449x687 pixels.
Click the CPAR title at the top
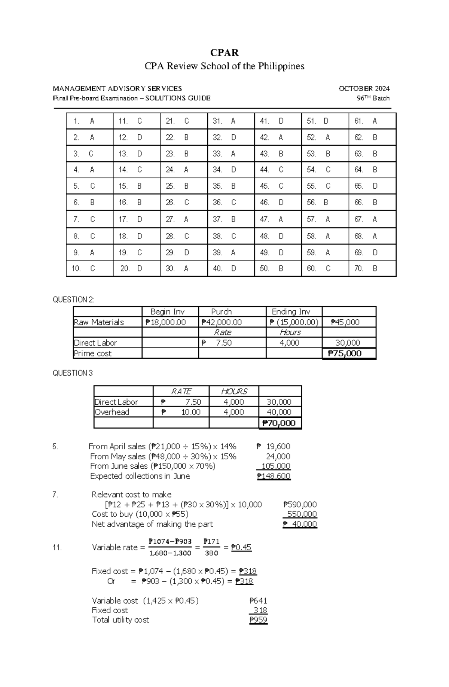pos(224,52)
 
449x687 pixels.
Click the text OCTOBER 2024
pos(364,89)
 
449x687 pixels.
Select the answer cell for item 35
pos(231,186)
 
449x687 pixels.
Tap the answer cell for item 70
pos(372,268)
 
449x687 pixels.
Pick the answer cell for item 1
pos(89,121)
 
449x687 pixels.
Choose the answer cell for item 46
pos(278,203)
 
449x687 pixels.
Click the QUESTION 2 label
pos(74,300)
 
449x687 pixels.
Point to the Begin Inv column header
pos(167,311)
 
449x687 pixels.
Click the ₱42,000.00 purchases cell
pos(222,322)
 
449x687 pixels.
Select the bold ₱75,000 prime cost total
pos(345,353)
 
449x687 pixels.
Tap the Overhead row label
pos(112,412)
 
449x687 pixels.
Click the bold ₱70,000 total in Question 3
pos(279,423)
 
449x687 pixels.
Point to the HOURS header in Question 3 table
pos(234,391)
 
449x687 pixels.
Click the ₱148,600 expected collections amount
pos(274,476)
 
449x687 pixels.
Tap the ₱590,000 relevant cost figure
pos(300,505)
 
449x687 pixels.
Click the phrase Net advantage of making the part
pos(152,524)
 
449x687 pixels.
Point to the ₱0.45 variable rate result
pos(241,547)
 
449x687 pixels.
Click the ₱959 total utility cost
pos(259,620)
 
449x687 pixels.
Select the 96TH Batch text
pos(373,98)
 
